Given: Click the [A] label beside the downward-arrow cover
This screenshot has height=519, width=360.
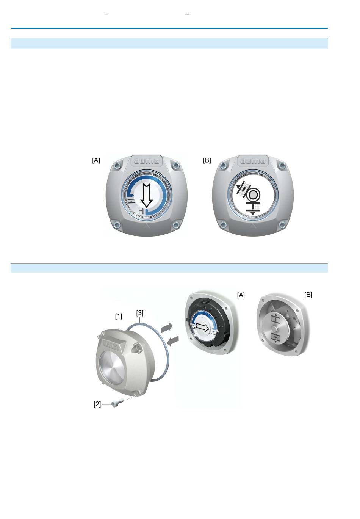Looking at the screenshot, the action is tap(96, 160).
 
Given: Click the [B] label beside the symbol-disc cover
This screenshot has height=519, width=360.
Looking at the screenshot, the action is tap(207, 160).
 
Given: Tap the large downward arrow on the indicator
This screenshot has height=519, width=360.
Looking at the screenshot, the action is tap(147, 196).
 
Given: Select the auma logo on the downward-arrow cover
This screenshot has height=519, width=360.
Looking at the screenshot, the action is tap(146, 161).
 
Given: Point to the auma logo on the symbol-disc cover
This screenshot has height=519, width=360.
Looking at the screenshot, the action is tap(252, 161).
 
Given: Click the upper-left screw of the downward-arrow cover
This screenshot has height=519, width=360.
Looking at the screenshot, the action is tap(117, 166).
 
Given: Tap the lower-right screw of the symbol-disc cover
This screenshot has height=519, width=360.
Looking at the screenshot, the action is tap(282, 224).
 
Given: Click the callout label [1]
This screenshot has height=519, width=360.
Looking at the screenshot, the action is tap(119, 316).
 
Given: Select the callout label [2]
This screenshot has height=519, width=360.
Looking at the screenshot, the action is tap(97, 404).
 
